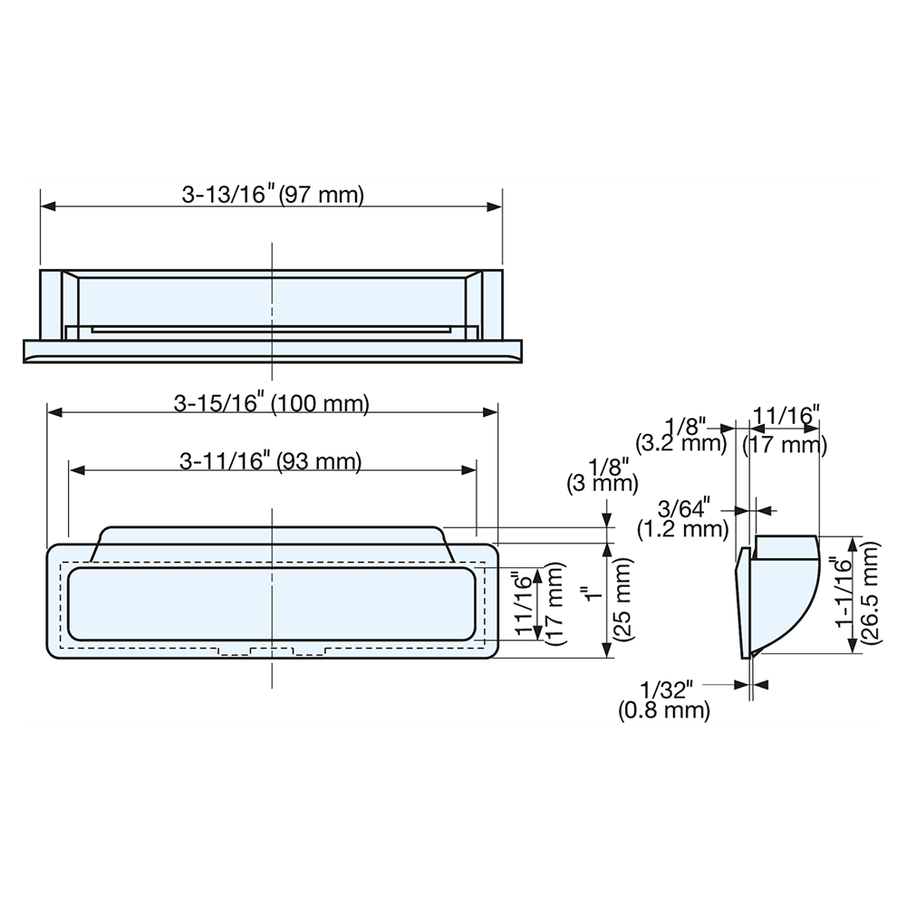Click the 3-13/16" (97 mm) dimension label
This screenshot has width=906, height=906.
click(x=272, y=195)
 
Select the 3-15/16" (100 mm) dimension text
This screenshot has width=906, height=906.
click(x=272, y=404)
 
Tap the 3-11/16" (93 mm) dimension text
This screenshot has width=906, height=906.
click(x=271, y=461)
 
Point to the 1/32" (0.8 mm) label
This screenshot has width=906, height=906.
click(x=665, y=699)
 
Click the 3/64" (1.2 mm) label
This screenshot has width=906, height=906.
click(x=683, y=516)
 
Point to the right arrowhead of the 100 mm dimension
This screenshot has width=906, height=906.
click(x=491, y=413)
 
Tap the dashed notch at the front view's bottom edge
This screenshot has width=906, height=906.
click(x=272, y=651)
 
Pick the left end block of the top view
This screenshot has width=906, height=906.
click(x=52, y=304)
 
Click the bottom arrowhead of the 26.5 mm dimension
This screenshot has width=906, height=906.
click(x=851, y=648)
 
